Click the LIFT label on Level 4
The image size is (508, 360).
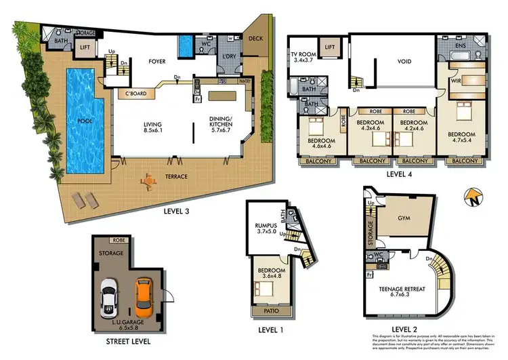pyautogui.click(x=330, y=47)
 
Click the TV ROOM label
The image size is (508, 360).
pyautogui.click(x=304, y=54)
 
